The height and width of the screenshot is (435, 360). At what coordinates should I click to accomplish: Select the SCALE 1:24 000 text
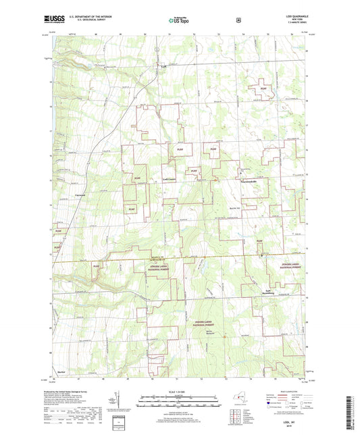coord(179,392)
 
